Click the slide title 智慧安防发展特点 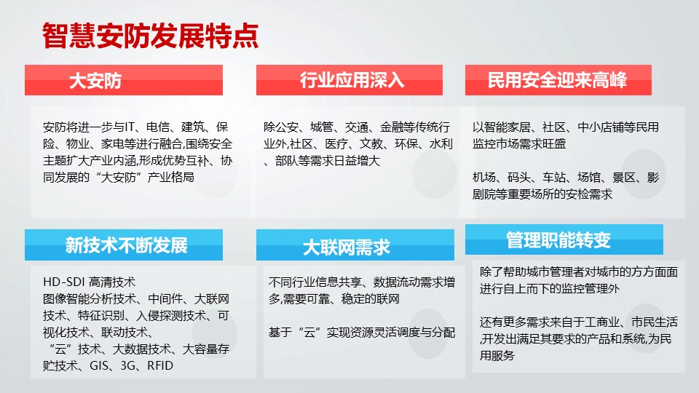point(150,36)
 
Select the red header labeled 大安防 point(124,80)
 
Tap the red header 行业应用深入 point(349,80)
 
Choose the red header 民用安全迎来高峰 point(558,80)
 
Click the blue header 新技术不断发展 point(124,245)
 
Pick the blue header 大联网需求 point(355,245)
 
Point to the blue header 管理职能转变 point(564,239)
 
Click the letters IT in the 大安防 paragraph point(130,127)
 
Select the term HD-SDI point(64,282)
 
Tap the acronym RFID point(160,366)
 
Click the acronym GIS point(99,366)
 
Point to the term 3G point(127,366)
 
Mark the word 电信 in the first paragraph point(158,127)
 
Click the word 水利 point(441,144)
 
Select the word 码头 point(519,178)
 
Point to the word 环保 point(406,144)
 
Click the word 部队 point(287,161)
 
